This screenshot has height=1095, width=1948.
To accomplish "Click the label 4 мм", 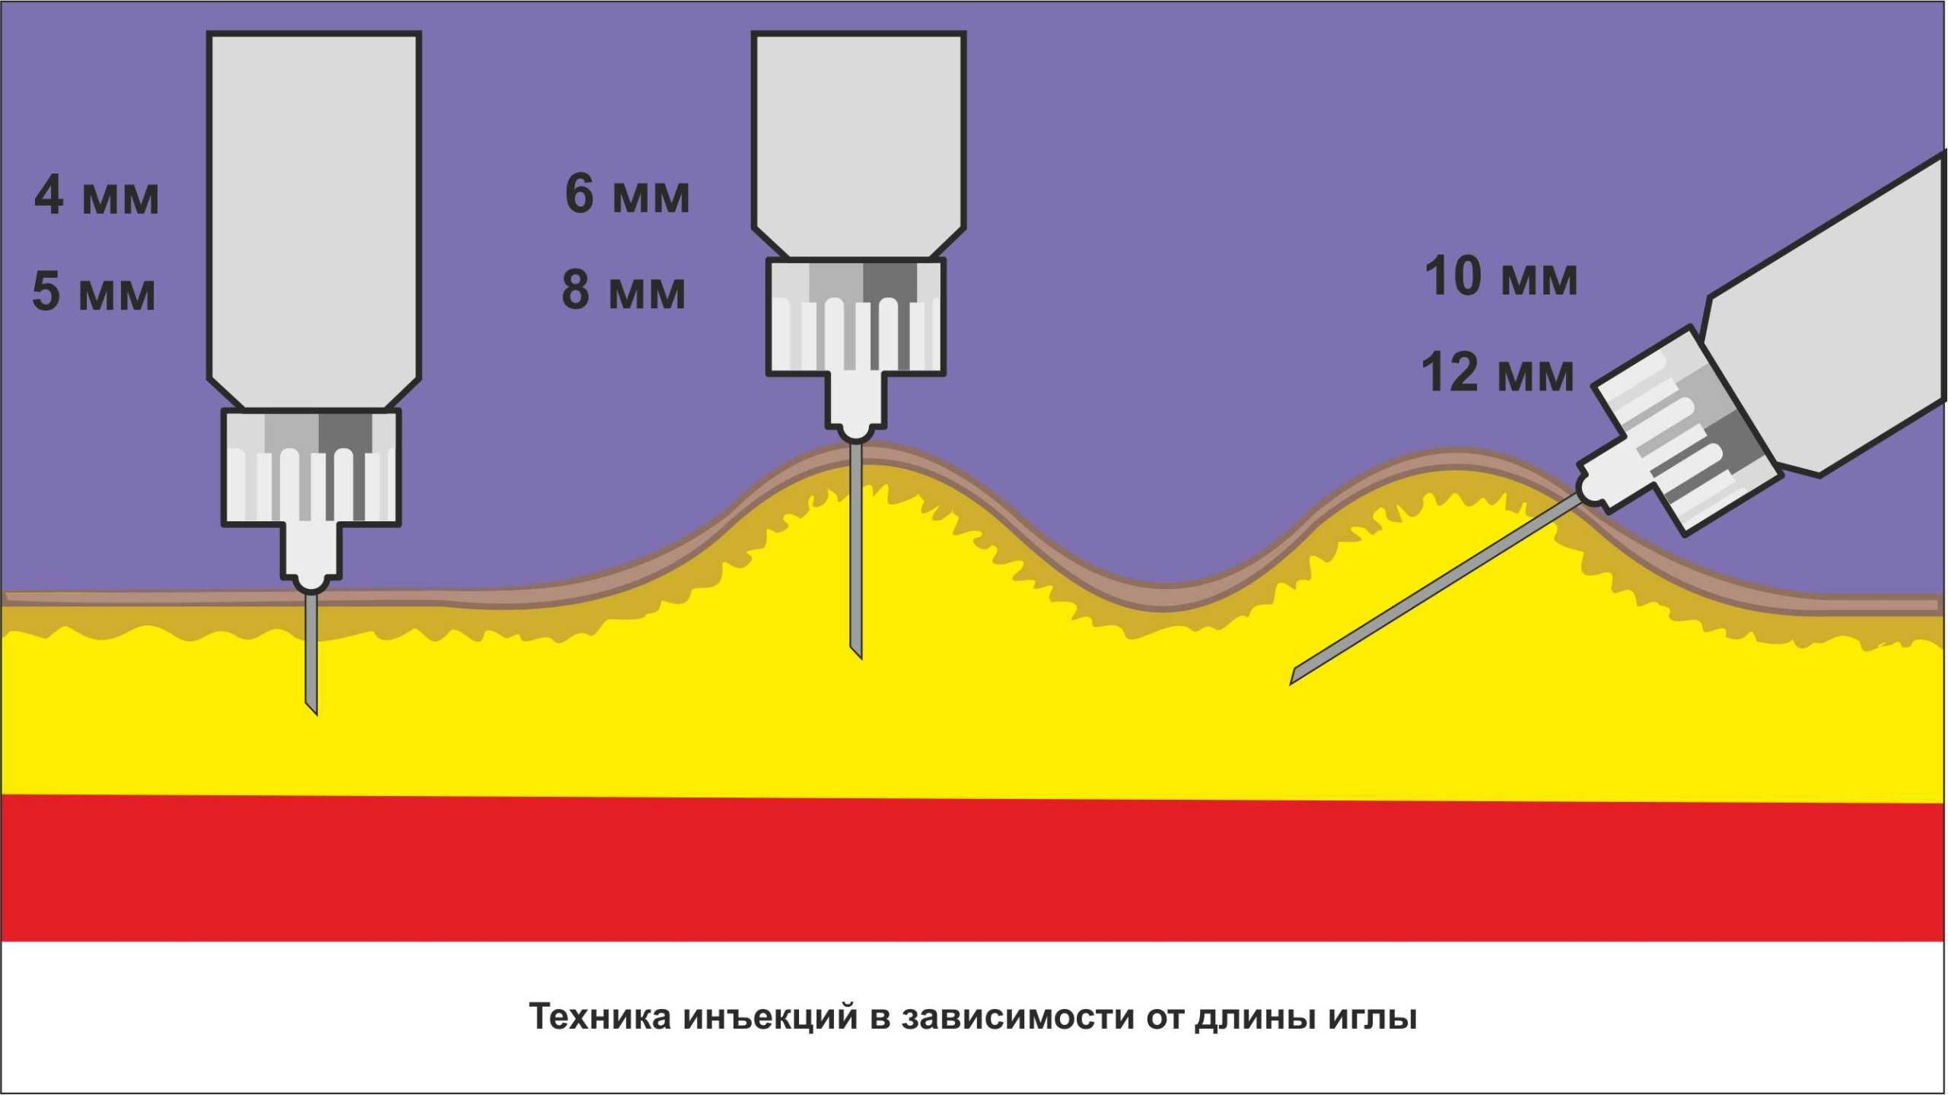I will (97, 196).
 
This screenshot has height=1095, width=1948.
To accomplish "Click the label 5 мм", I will (94, 291).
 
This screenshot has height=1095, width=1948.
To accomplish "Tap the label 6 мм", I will (627, 194).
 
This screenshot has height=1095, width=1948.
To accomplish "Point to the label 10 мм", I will (1501, 276).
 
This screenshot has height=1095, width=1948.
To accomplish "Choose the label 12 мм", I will (1498, 373).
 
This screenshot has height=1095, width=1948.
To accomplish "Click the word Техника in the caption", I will (600, 1017).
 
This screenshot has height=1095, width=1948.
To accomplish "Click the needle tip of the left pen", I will (314, 711).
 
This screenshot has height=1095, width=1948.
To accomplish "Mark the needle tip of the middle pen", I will (859, 655).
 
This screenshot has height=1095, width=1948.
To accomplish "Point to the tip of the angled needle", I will (1293, 682).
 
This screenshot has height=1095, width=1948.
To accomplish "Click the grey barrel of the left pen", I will (314, 205).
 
